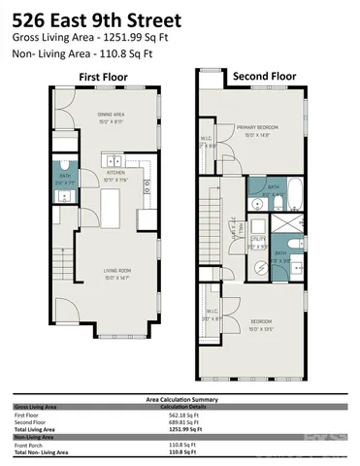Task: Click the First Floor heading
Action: tap(101, 77)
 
